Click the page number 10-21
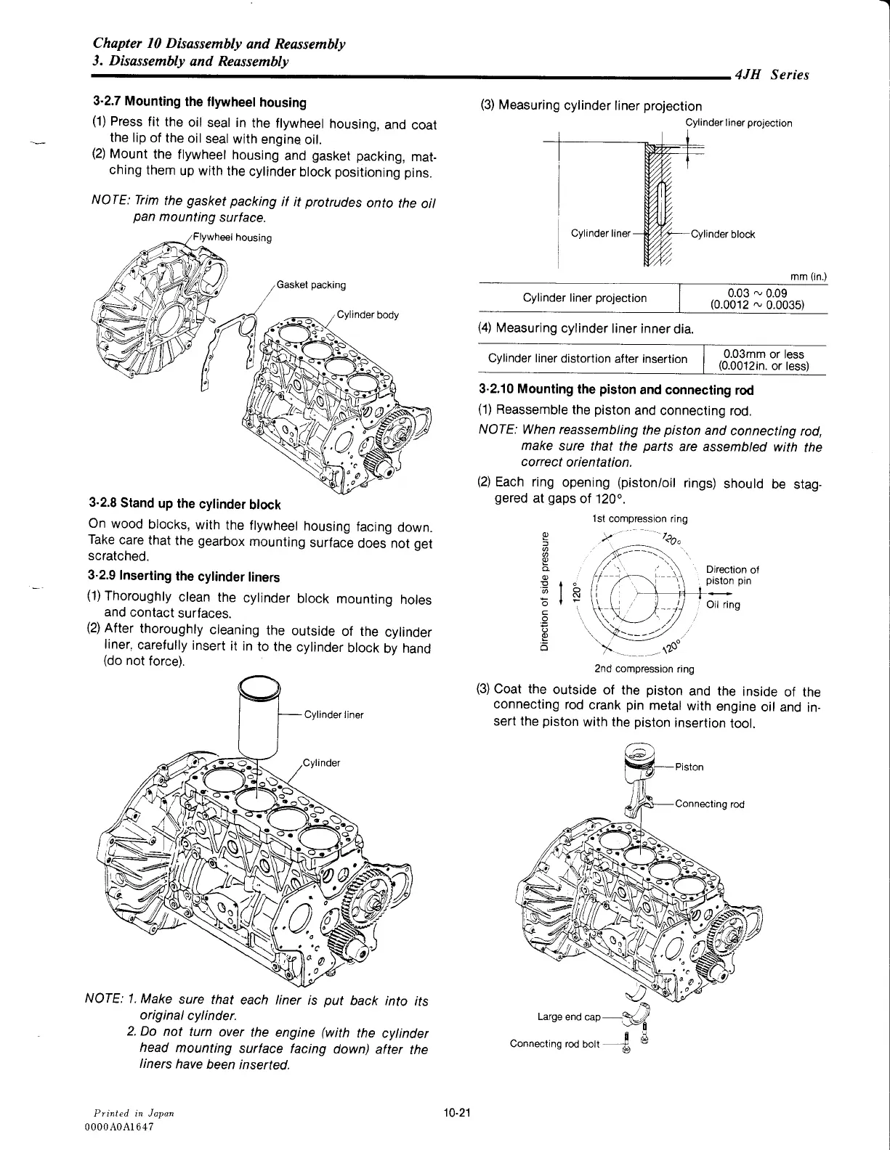(x=457, y=1113)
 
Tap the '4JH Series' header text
(x=772, y=75)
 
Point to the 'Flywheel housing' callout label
(x=232, y=237)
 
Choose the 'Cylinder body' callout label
(x=368, y=315)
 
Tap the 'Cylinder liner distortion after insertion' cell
(x=588, y=359)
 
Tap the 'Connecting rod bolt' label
(x=556, y=1043)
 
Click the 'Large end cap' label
(x=569, y=1016)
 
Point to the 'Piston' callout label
(x=689, y=767)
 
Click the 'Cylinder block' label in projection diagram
(x=722, y=234)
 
